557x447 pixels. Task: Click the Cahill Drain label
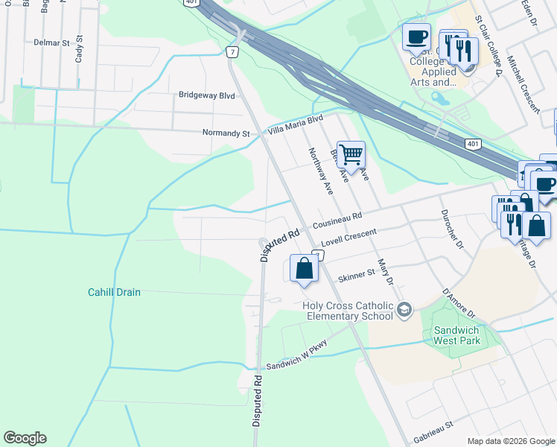point(114,293)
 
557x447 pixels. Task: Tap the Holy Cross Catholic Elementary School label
point(348,311)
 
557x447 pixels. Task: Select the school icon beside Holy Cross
point(404,309)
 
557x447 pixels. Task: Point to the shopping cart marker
point(351,156)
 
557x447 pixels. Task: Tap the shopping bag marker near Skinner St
point(304,269)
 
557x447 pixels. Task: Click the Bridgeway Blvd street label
point(206,95)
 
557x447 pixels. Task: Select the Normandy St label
point(226,133)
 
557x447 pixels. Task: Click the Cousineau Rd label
point(337,221)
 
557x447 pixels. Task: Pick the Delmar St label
point(51,42)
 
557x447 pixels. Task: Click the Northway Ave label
point(321,171)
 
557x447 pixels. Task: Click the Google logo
point(25,438)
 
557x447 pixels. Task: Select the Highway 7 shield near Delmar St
point(233,51)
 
